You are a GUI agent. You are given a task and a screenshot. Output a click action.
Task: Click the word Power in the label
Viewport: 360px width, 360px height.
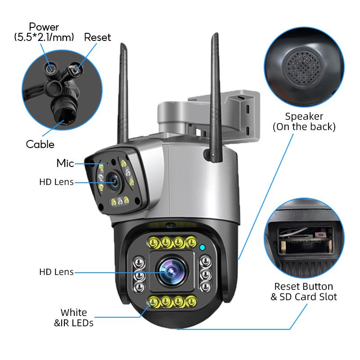point(44,27)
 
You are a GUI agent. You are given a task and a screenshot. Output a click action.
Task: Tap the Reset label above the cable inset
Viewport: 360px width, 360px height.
point(97,37)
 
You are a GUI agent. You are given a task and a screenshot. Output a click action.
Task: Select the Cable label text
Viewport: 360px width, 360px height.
point(40,144)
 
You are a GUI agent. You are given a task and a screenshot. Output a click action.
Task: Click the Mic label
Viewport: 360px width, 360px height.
point(65,163)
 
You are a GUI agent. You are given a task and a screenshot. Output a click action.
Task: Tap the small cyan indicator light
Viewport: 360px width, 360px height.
point(202,247)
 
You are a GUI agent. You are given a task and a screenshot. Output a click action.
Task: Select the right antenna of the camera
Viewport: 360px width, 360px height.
point(216,90)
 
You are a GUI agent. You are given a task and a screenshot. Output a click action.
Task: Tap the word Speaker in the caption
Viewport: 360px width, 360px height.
point(304,117)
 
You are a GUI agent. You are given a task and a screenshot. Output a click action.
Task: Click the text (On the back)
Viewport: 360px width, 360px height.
point(304,127)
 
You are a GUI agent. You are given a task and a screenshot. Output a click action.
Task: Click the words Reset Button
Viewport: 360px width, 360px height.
point(304,287)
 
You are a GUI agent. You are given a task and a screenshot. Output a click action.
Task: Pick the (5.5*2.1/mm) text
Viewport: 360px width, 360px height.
point(44,37)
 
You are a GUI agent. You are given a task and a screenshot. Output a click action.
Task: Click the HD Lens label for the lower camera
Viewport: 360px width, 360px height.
point(56,272)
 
